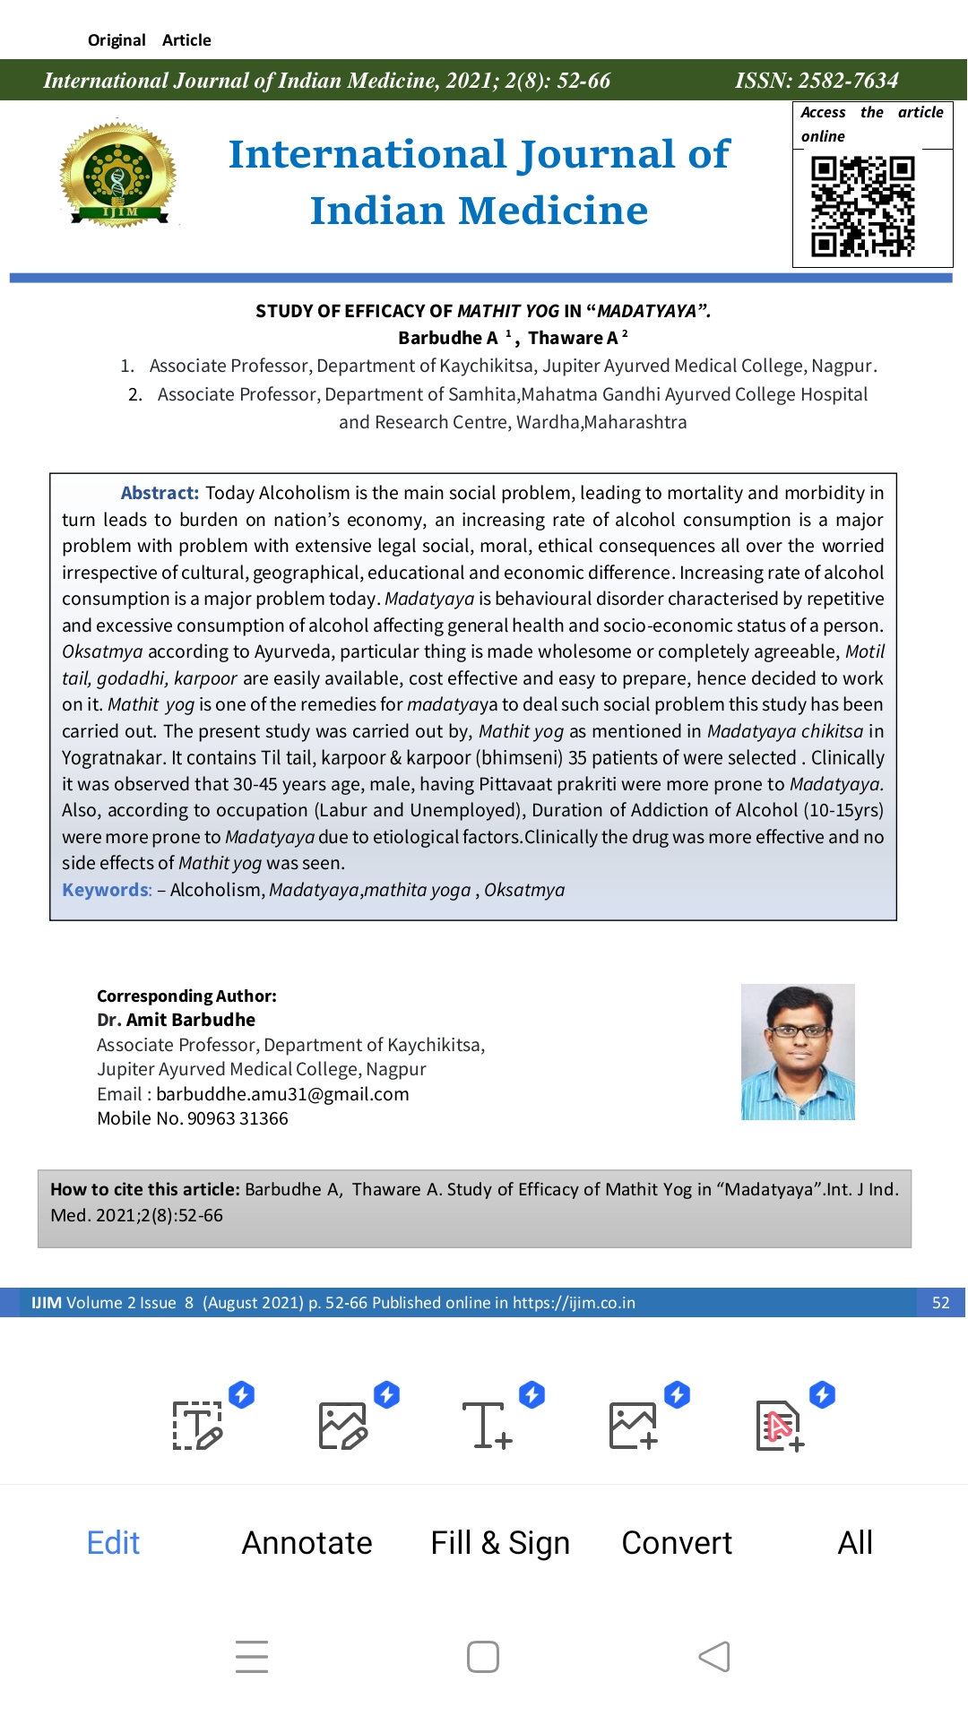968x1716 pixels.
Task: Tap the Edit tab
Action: (x=113, y=1542)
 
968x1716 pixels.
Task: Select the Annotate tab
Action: (x=307, y=1542)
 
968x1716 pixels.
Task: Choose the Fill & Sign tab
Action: (x=500, y=1542)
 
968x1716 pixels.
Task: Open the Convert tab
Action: (x=677, y=1542)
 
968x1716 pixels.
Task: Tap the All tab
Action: (x=854, y=1542)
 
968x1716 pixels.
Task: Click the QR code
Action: (x=862, y=206)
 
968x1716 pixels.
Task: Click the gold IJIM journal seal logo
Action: (x=118, y=175)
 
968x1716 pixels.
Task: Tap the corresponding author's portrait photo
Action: (x=798, y=1051)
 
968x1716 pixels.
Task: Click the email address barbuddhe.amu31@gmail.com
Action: (x=282, y=1094)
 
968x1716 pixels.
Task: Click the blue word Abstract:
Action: (x=160, y=493)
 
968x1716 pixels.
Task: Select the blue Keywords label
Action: (x=107, y=890)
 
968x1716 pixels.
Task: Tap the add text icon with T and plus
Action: (x=487, y=1425)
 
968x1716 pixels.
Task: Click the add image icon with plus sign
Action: (x=633, y=1425)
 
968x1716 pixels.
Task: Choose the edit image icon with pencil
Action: (x=342, y=1425)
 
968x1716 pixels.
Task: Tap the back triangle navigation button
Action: (x=714, y=1656)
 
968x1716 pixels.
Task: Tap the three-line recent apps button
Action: (x=252, y=1656)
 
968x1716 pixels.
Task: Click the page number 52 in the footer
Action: (x=940, y=1302)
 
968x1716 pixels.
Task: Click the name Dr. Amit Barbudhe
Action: (x=176, y=1020)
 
